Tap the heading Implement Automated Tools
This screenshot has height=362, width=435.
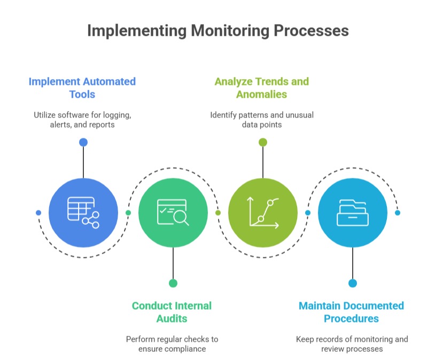pos(82,88)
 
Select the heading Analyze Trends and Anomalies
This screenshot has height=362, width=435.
pos(262,88)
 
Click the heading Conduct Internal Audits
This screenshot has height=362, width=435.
pos(172,312)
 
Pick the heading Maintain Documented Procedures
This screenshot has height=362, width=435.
pos(351,312)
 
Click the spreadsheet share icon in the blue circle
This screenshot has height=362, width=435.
pos(83,213)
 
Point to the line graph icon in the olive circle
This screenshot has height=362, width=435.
pos(263,213)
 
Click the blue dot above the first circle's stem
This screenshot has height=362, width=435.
pos(83,143)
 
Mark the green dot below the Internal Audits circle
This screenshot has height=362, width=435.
pos(173,283)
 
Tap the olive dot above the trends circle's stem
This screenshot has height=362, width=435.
pos(263,143)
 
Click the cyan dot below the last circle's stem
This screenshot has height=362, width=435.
pos(353,283)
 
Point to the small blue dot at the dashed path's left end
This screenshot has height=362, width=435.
pos(38,213)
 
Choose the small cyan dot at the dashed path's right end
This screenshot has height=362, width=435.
pos(398,213)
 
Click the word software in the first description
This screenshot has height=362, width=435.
pos(79,115)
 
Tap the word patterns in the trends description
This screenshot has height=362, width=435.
pos(259,115)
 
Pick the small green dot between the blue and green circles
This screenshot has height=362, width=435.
pos(128,213)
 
